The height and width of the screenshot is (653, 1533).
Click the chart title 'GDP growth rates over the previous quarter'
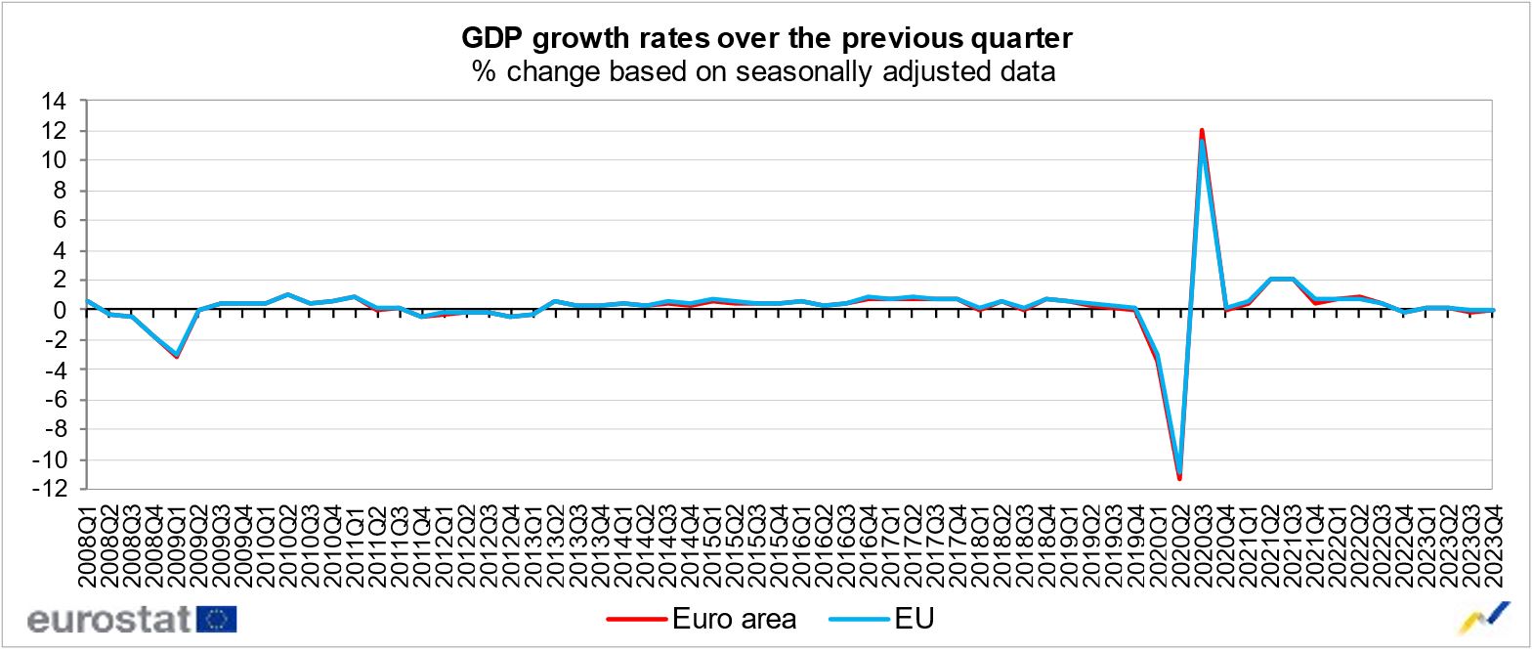pyautogui.click(x=766, y=38)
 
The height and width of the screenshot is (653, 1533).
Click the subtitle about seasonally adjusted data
pyautogui.click(x=763, y=71)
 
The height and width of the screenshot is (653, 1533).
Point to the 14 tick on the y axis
pyautogui.click(x=54, y=101)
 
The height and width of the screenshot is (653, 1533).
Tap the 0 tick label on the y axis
pyautogui.click(x=60, y=310)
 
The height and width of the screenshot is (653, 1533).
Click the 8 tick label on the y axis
pyautogui.click(x=60, y=191)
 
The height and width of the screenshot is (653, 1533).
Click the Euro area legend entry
pyautogui.click(x=702, y=619)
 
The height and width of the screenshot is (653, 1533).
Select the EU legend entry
pyautogui.click(x=882, y=619)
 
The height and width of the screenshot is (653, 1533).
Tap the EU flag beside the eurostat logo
pyautogui.click(x=216, y=620)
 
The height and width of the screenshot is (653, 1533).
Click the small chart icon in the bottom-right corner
pyautogui.click(x=1484, y=618)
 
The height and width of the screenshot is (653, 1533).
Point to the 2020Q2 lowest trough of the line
pyautogui.click(x=1180, y=477)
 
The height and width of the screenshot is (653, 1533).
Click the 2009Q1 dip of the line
pyautogui.click(x=176, y=355)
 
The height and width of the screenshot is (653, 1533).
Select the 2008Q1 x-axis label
pyautogui.click(x=87, y=545)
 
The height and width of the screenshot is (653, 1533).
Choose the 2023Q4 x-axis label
pyautogui.click(x=1493, y=545)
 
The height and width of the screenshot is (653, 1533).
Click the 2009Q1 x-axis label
pyautogui.click(x=176, y=545)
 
